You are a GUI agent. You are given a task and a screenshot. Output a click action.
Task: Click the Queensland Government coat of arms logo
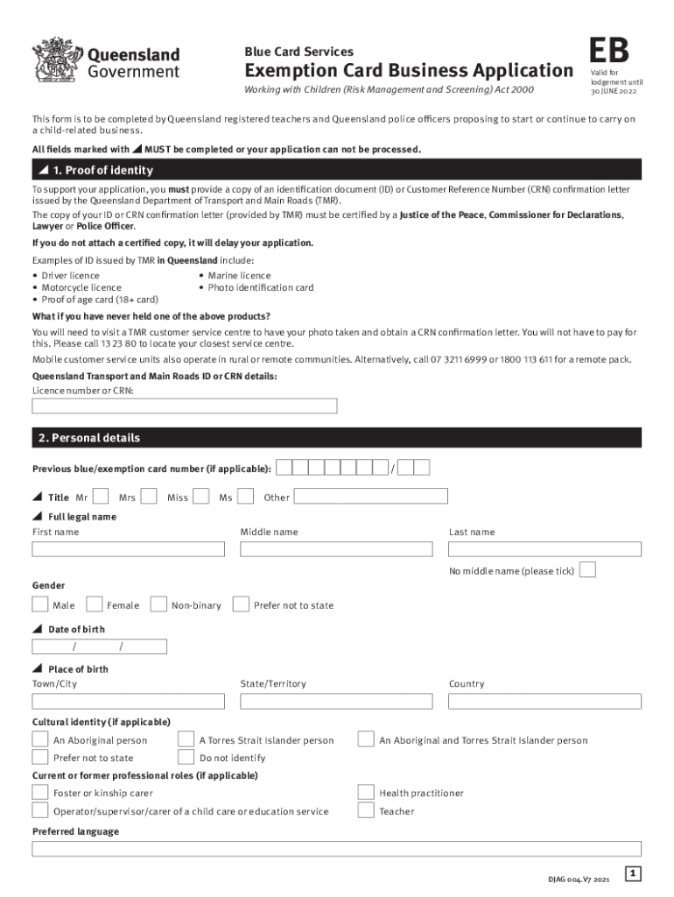55,61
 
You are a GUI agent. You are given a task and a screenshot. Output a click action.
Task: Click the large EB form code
609,50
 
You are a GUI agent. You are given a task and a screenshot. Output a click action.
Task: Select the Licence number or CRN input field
185,406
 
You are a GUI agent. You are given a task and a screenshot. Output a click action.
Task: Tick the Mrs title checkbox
149,497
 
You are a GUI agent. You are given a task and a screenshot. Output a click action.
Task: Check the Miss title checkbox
200,497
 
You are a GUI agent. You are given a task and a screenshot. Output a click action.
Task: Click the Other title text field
370,497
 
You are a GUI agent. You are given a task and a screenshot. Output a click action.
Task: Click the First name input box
129,549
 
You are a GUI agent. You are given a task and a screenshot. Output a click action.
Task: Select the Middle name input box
337,549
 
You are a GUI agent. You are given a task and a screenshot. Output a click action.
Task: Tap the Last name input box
544,549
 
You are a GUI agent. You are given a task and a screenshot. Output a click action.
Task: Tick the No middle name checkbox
588,570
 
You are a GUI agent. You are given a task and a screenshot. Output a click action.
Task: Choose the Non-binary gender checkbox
158,604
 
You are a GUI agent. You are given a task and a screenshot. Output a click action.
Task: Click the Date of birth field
99,647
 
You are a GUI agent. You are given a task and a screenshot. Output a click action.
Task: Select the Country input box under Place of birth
544,702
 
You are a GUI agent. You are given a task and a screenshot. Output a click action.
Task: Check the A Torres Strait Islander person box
186,739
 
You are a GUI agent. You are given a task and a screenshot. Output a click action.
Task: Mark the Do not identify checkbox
186,757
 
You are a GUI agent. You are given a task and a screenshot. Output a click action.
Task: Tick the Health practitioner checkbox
366,792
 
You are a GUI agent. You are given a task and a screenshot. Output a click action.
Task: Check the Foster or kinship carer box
40,792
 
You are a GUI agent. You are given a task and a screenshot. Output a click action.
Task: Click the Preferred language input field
337,849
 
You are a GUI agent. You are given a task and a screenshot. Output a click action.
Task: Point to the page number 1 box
634,873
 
